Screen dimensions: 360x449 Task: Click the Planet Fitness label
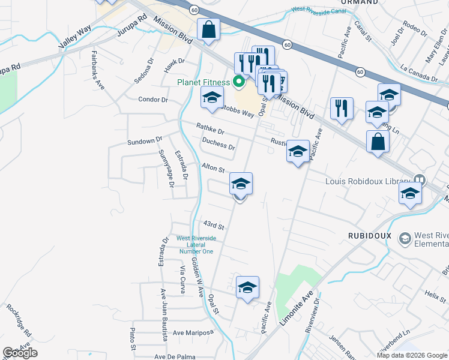tap(202, 82)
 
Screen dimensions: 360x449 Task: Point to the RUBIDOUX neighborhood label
tap(369, 236)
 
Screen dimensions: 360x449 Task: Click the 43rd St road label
tap(213, 226)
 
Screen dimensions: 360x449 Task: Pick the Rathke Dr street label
tap(210, 128)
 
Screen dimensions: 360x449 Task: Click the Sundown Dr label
tap(145, 141)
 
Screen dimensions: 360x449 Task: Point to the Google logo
tap(20, 353)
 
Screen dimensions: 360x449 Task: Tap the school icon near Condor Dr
tap(212, 98)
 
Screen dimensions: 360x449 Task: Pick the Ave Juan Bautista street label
tap(163, 314)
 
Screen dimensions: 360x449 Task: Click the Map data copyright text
tap(411, 355)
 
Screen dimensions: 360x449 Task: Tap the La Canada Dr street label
tap(418, 70)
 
